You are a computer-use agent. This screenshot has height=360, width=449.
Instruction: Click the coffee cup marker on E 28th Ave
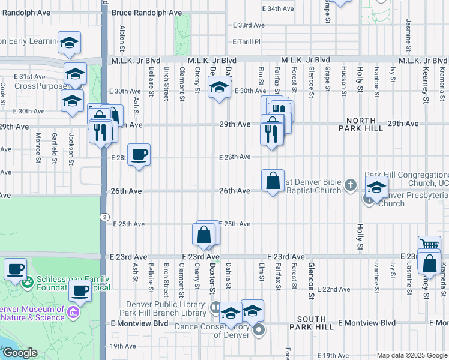139,155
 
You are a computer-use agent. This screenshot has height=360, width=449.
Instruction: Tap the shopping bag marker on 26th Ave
273,181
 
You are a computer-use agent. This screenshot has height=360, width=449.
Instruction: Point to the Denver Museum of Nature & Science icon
73,313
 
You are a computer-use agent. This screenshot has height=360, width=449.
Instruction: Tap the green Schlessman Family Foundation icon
28,280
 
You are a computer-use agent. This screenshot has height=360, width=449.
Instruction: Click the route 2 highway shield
104,217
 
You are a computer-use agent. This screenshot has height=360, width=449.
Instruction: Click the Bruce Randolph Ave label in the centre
146,13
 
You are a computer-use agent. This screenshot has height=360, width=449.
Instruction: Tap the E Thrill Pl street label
247,41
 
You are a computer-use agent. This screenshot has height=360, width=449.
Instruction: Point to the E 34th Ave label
279,9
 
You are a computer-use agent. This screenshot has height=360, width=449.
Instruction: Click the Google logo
20,353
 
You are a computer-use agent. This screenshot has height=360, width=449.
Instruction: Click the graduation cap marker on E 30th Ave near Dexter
219,88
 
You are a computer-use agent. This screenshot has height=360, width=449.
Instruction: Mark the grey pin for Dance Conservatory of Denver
259,329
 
